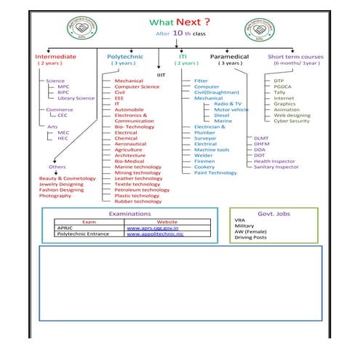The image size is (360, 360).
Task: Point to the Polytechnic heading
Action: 125,56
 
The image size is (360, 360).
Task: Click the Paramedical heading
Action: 229,56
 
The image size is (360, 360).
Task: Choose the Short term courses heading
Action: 295,56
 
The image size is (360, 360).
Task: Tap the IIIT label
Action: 161,74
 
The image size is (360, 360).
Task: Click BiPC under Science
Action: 64,92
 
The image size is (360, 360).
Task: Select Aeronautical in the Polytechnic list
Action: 130,144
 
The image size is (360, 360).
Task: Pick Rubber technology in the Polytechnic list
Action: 138,201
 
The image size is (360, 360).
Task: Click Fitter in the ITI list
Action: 201,81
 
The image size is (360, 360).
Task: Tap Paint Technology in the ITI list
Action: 215,172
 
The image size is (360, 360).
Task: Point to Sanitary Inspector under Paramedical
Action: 276,167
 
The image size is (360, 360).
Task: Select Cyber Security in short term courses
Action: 292,121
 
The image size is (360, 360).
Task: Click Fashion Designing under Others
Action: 61,190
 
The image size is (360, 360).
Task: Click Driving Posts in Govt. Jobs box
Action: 250,238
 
